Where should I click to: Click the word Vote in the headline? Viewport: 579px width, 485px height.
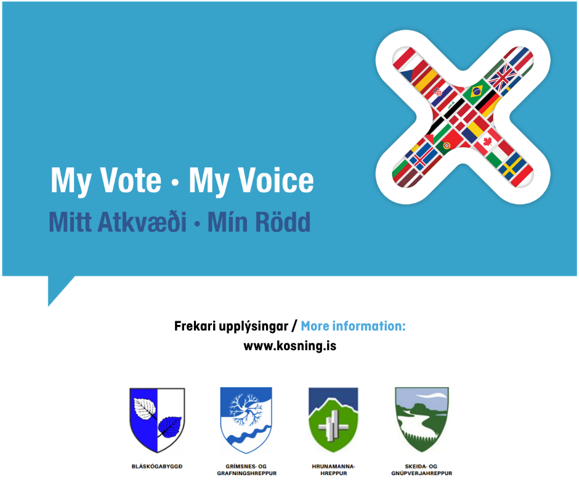click(131, 180)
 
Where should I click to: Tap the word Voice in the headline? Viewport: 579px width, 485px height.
click(275, 180)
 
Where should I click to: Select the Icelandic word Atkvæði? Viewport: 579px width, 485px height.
click(142, 222)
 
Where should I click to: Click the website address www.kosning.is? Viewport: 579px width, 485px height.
click(290, 347)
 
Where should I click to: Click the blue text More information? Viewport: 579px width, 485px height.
click(353, 326)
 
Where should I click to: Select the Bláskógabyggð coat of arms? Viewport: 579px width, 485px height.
click(157, 420)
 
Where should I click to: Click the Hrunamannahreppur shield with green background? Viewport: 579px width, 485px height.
click(333, 420)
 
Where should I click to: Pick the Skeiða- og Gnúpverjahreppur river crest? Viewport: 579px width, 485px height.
click(422, 420)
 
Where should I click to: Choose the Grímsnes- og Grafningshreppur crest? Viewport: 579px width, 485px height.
click(246, 420)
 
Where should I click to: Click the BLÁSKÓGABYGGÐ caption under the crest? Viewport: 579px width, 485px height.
click(157, 467)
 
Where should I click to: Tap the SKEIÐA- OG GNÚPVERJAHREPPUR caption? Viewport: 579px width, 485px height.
click(422, 470)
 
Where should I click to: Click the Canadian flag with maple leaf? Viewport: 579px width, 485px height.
click(488, 142)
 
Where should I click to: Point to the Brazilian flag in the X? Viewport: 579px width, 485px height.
click(476, 91)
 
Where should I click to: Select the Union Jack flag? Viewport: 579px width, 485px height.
click(503, 78)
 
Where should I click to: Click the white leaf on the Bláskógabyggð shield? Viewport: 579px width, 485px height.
click(145, 408)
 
